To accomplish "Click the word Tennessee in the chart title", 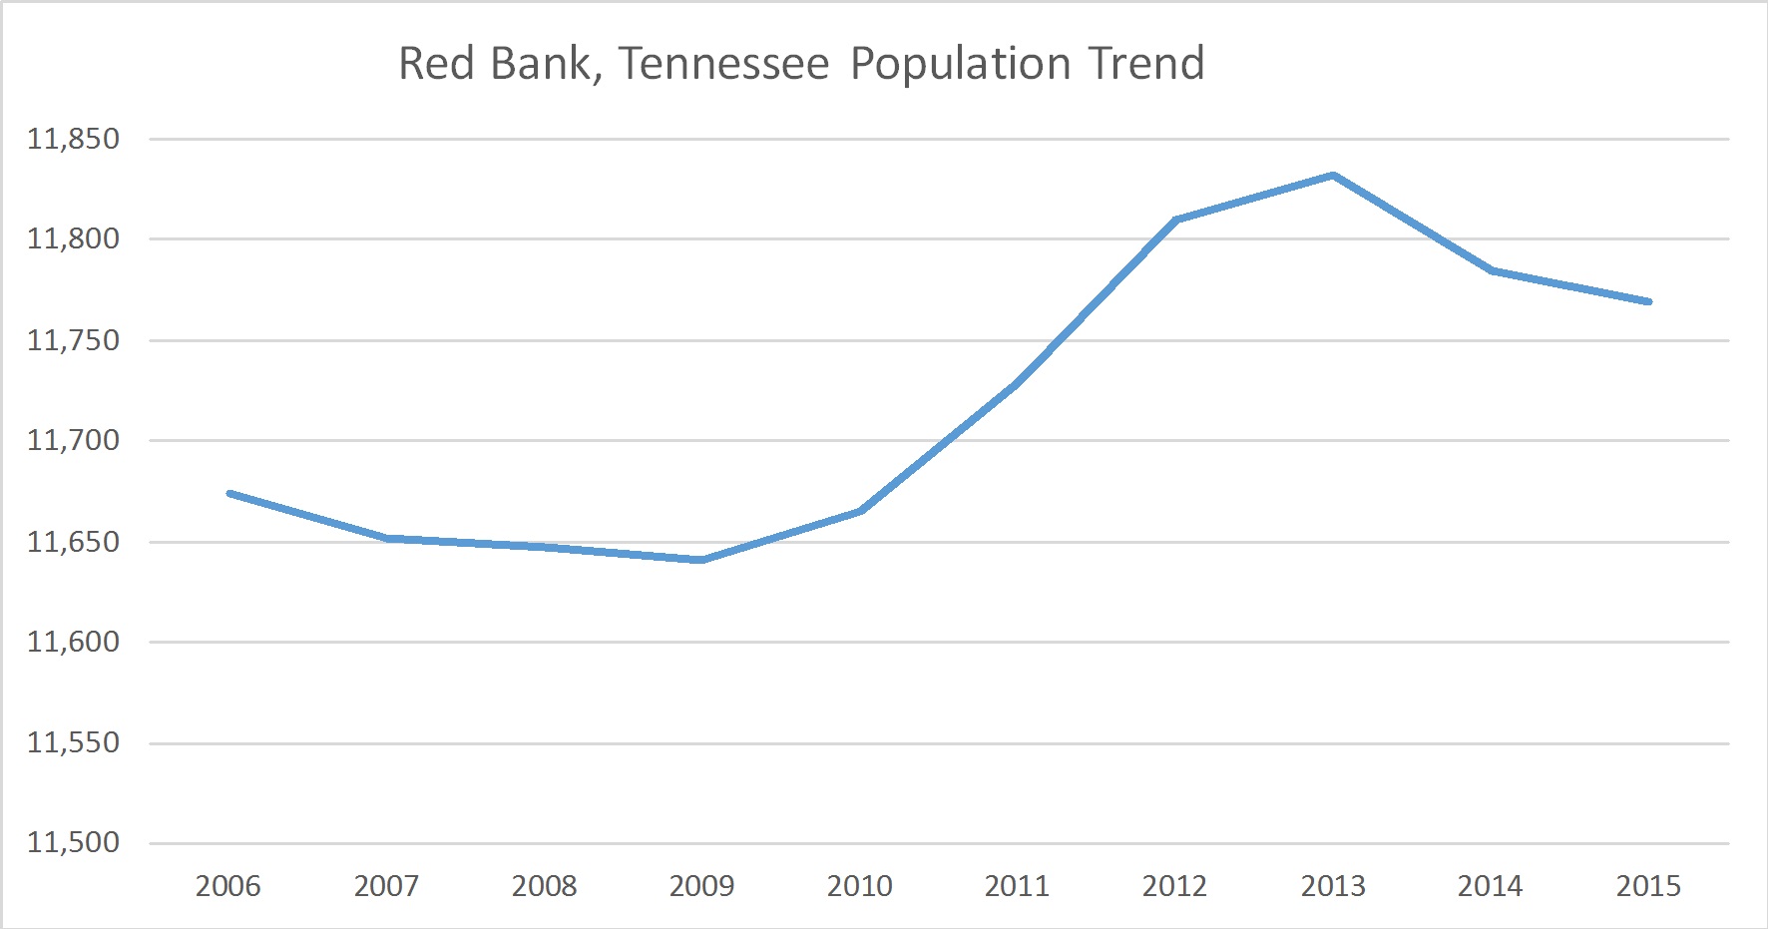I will [x=723, y=64].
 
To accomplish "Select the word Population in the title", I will [x=960, y=64].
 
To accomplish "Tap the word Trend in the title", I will [x=1146, y=64].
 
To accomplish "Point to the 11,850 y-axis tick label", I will [x=73, y=139].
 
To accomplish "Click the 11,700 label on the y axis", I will [x=73, y=440].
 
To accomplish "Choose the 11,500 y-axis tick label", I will [x=73, y=842].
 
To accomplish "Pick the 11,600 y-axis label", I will [x=73, y=642].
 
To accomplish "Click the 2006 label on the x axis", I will [x=227, y=886].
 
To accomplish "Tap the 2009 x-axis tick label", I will [x=701, y=886].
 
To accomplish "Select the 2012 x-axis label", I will [x=1174, y=886].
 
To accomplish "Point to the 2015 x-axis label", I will [x=1648, y=886].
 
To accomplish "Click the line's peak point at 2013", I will [x=1333, y=176].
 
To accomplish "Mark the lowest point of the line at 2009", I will [x=701, y=560].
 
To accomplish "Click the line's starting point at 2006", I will [x=229, y=493].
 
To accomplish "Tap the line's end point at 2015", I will [x=1648, y=301].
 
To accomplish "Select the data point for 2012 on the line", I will [x=1175, y=220].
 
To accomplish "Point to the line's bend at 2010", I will [x=860, y=511].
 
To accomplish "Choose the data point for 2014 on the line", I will [x=1491, y=270].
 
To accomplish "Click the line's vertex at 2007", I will [x=386, y=538].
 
